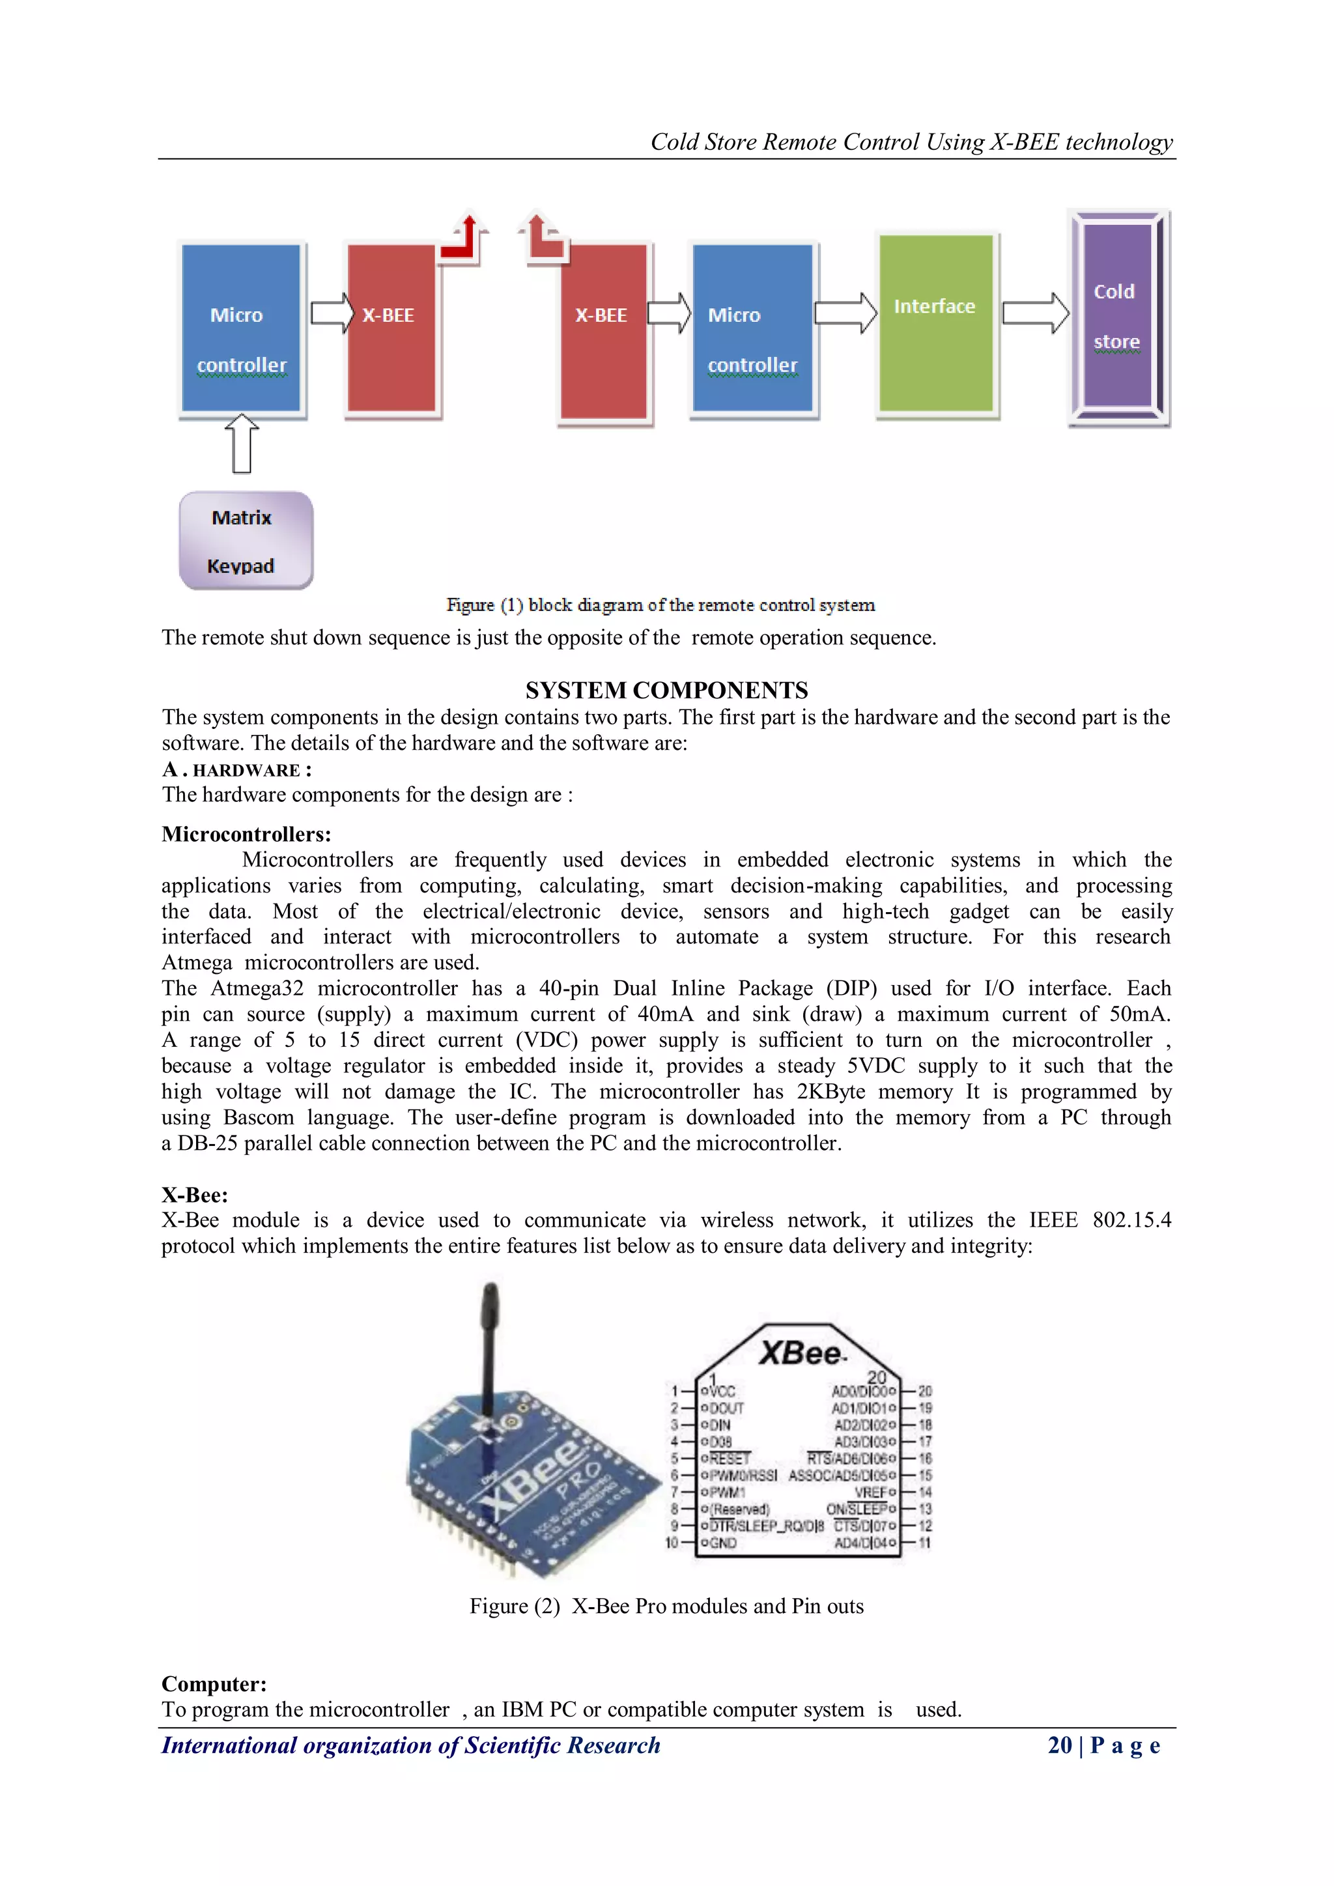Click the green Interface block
935,324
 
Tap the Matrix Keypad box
246,541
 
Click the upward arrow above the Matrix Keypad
242,444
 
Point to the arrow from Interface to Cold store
1036,313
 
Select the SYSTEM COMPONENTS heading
666,690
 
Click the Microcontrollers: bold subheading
246,834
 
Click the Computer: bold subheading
214,1684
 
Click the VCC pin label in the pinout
721,1392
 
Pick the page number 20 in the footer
1060,1745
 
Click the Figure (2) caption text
666,1606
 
